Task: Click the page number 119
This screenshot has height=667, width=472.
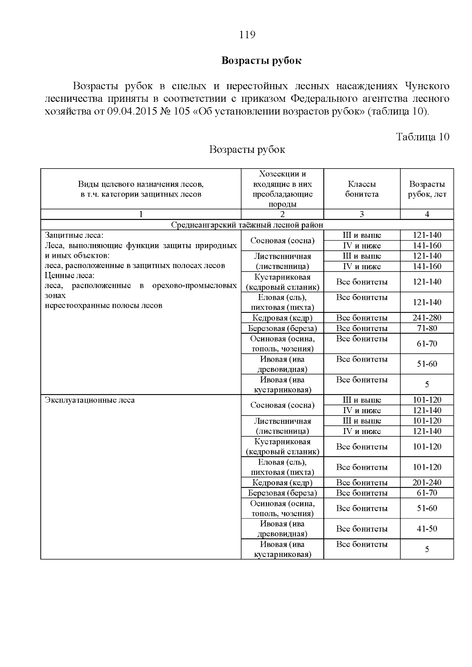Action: [247, 35]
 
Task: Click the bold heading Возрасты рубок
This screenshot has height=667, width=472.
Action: [261, 61]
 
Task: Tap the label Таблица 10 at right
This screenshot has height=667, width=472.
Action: [422, 137]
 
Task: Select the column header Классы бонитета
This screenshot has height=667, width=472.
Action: [361, 189]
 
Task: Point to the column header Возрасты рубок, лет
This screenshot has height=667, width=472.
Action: [427, 189]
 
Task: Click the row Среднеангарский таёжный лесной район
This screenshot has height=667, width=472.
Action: [247, 225]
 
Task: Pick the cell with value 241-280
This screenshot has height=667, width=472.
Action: [427, 318]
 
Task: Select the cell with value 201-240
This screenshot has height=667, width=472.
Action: [427, 482]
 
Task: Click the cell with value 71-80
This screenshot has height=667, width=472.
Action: [427, 328]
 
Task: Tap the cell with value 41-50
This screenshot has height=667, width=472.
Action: [427, 529]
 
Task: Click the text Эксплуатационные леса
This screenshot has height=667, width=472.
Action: [90, 400]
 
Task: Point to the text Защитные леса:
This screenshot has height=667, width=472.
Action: [74, 235]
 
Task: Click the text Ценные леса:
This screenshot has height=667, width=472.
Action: [69, 276]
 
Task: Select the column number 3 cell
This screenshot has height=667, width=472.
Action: [361, 214]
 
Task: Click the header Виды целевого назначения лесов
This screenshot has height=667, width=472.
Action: [141, 184]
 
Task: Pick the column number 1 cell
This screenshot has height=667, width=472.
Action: [141, 214]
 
